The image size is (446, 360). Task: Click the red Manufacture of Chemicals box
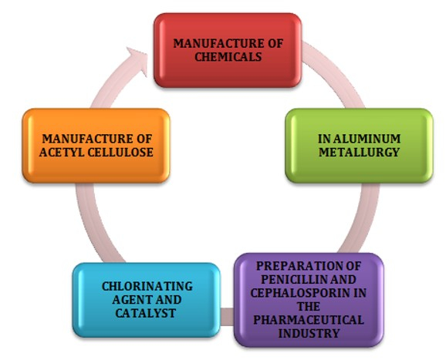click(228, 50)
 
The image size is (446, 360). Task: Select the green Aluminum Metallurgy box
click(359, 146)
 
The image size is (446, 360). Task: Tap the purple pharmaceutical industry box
click(309, 300)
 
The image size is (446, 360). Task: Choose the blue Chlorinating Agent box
click(147, 300)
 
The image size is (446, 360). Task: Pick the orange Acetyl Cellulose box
click(96, 146)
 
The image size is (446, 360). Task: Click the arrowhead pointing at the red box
click(138, 61)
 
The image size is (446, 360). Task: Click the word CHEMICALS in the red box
click(228, 57)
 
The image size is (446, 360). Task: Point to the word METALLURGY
click(359, 153)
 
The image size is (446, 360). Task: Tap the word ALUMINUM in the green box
click(367, 139)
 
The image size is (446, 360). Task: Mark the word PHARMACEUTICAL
click(309, 320)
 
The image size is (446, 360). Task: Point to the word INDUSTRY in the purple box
click(309, 333)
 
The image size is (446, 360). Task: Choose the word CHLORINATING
click(147, 286)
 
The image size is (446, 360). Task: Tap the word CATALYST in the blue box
click(145, 313)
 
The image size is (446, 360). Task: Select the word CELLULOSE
click(120, 153)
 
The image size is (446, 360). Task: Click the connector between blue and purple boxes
click(228, 317)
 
